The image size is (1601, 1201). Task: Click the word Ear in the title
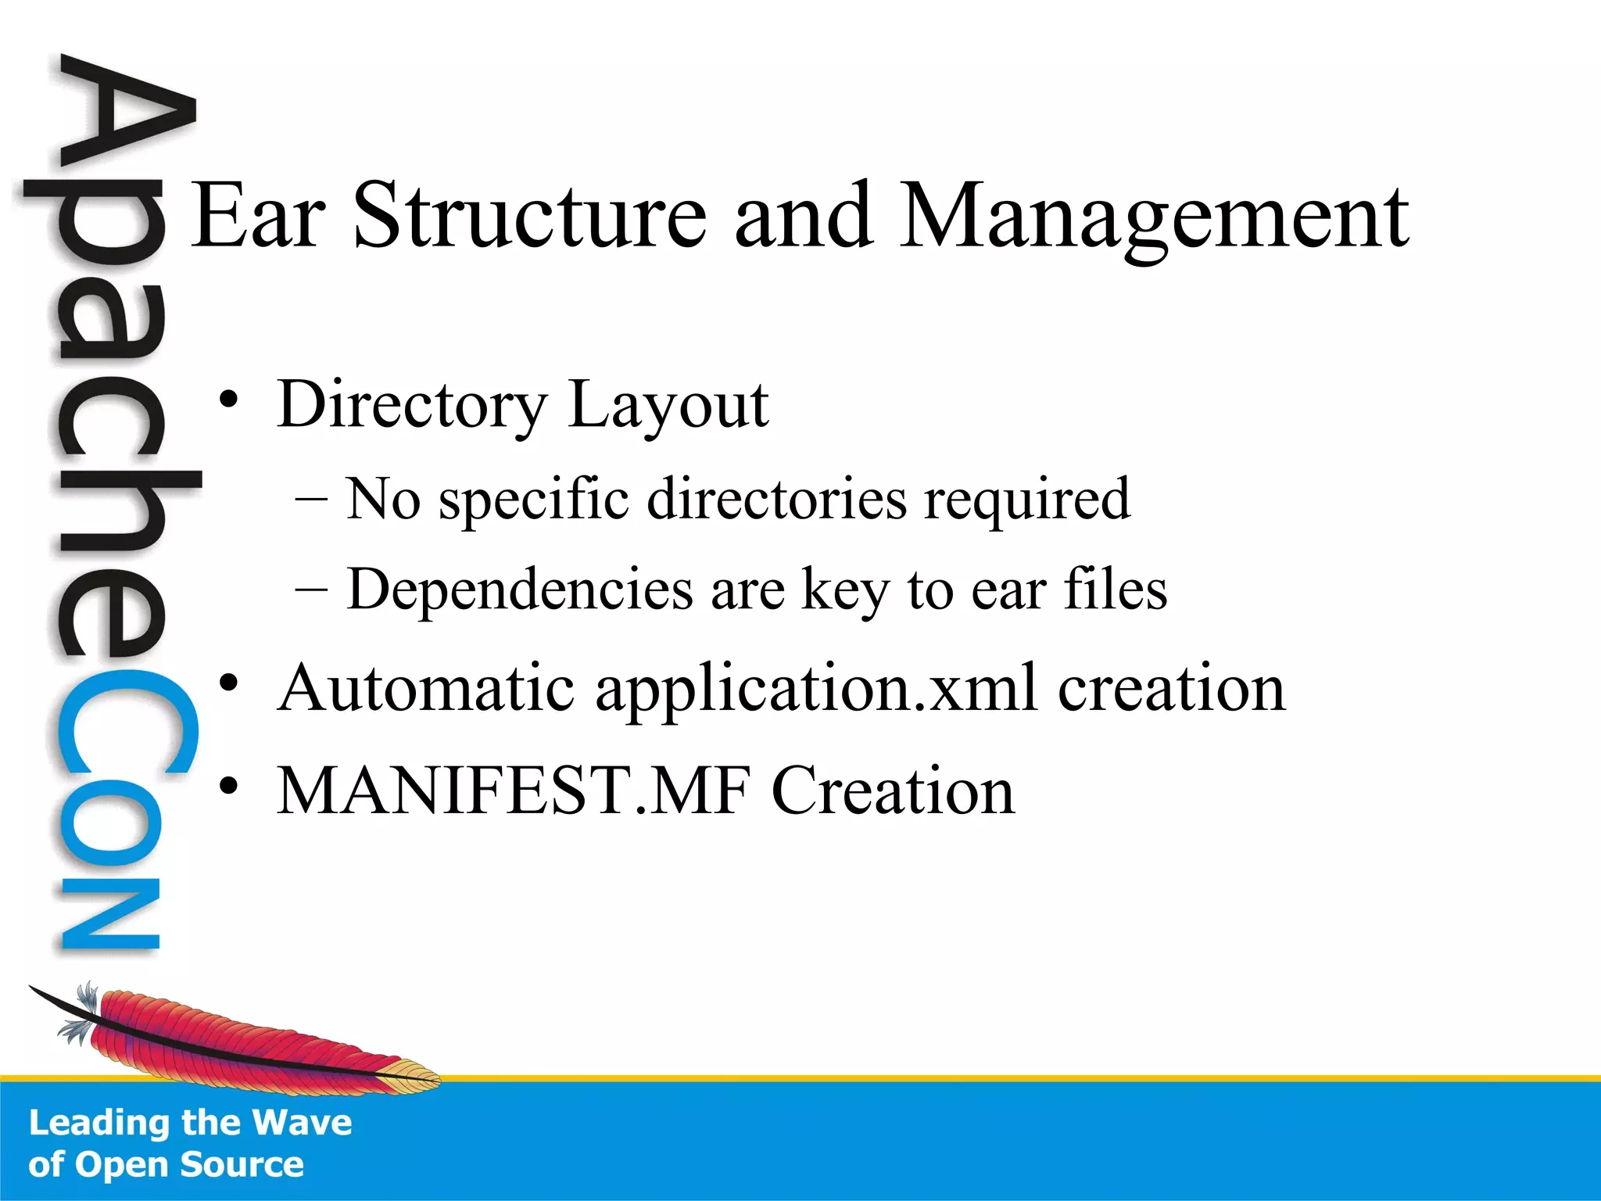pos(258,215)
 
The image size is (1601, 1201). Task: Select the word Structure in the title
pos(530,215)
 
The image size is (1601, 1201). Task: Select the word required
pos(1026,500)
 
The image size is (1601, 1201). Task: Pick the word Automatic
pos(427,688)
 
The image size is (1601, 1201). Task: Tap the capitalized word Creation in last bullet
pos(893,791)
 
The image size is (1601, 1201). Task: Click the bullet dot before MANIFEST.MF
pos(227,786)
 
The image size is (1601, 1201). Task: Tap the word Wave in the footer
pos(303,1123)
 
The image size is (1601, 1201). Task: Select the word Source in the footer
pos(242,1164)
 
